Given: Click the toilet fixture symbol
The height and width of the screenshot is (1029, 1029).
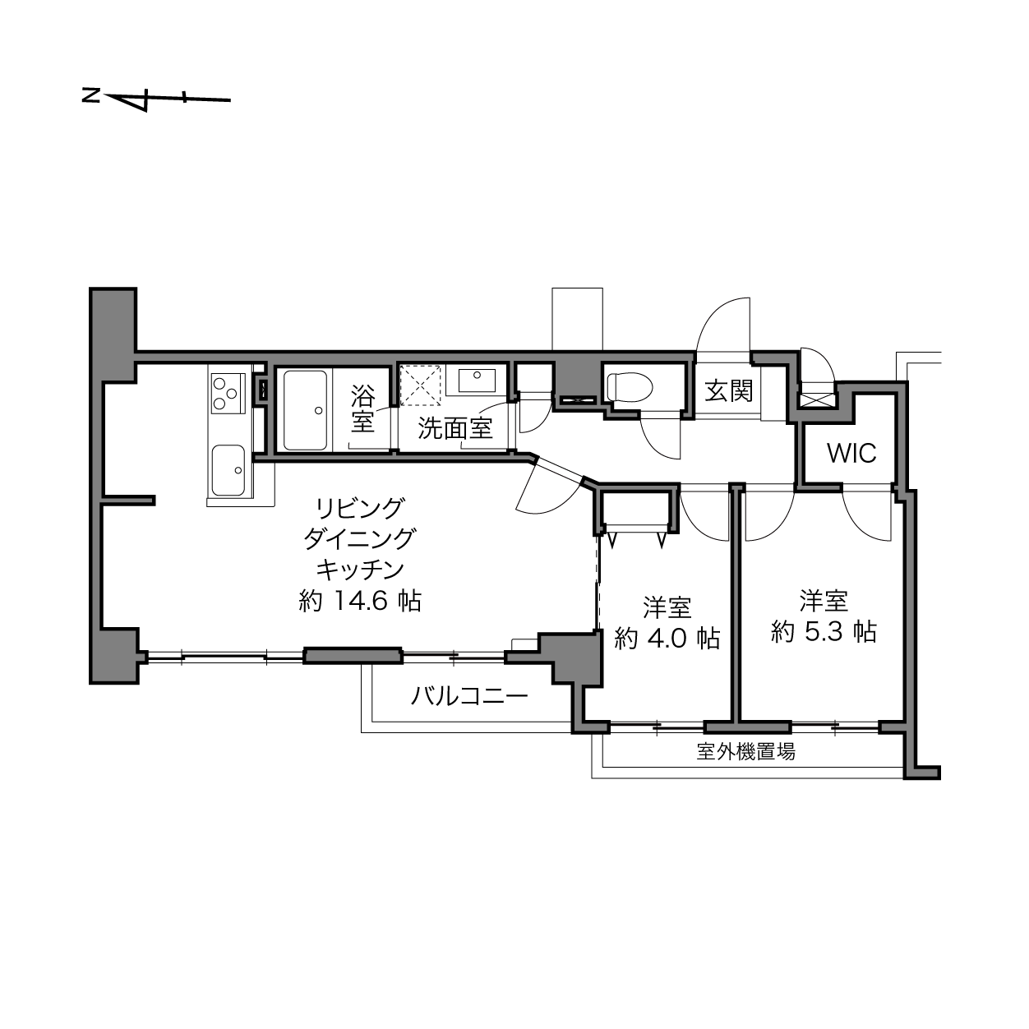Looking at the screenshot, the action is tap(630, 386).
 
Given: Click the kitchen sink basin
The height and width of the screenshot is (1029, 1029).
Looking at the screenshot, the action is tap(228, 470).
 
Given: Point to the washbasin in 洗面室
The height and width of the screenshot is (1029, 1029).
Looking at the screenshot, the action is tap(471, 381).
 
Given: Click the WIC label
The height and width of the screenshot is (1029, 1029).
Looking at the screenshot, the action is tap(851, 454).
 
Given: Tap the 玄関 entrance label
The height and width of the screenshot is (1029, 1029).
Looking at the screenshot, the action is tap(728, 390).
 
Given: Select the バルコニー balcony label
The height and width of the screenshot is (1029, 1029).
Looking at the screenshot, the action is tap(469, 695).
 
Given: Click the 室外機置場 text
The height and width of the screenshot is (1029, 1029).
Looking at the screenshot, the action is tap(746, 752).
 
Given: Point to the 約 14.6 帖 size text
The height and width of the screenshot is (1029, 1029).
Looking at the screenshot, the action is tap(360, 602).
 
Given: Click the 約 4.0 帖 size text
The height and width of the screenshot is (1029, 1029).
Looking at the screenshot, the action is tap(667, 638).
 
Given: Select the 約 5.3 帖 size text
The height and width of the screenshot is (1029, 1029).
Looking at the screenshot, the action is tap(824, 632).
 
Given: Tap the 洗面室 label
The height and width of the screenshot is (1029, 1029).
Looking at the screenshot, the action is tap(455, 427).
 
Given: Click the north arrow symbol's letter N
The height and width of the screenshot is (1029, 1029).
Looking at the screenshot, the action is tap(90, 96).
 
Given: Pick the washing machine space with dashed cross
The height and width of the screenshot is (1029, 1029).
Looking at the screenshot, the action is tap(422, 383).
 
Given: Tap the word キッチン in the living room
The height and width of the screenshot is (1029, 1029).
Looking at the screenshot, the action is tap(360, 570).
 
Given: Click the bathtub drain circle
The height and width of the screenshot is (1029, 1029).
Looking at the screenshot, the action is tap(319, 411).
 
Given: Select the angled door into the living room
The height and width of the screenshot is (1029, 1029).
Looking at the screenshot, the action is tap(550, 488).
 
